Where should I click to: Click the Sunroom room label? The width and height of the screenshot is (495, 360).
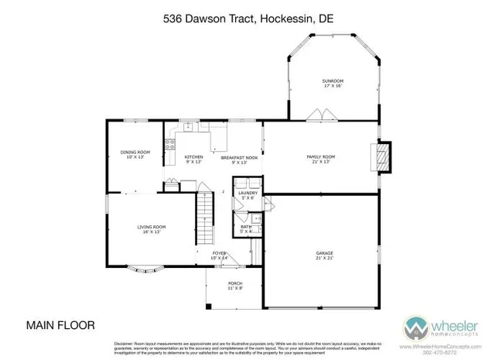pyautogui.click(x=332, y=83)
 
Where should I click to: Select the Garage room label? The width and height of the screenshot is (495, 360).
pyautogui.click(x=324, y=255)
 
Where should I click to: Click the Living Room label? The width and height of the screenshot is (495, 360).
pyautogui.click(x=152, y=228)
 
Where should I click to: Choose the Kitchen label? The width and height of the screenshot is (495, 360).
pyautogui.click(x=193, y=159)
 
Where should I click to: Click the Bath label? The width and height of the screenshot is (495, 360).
pyautogui.click(x=247, y=228)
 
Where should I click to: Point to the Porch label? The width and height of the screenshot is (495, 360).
pyautogui.click(x=235, y=286)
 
